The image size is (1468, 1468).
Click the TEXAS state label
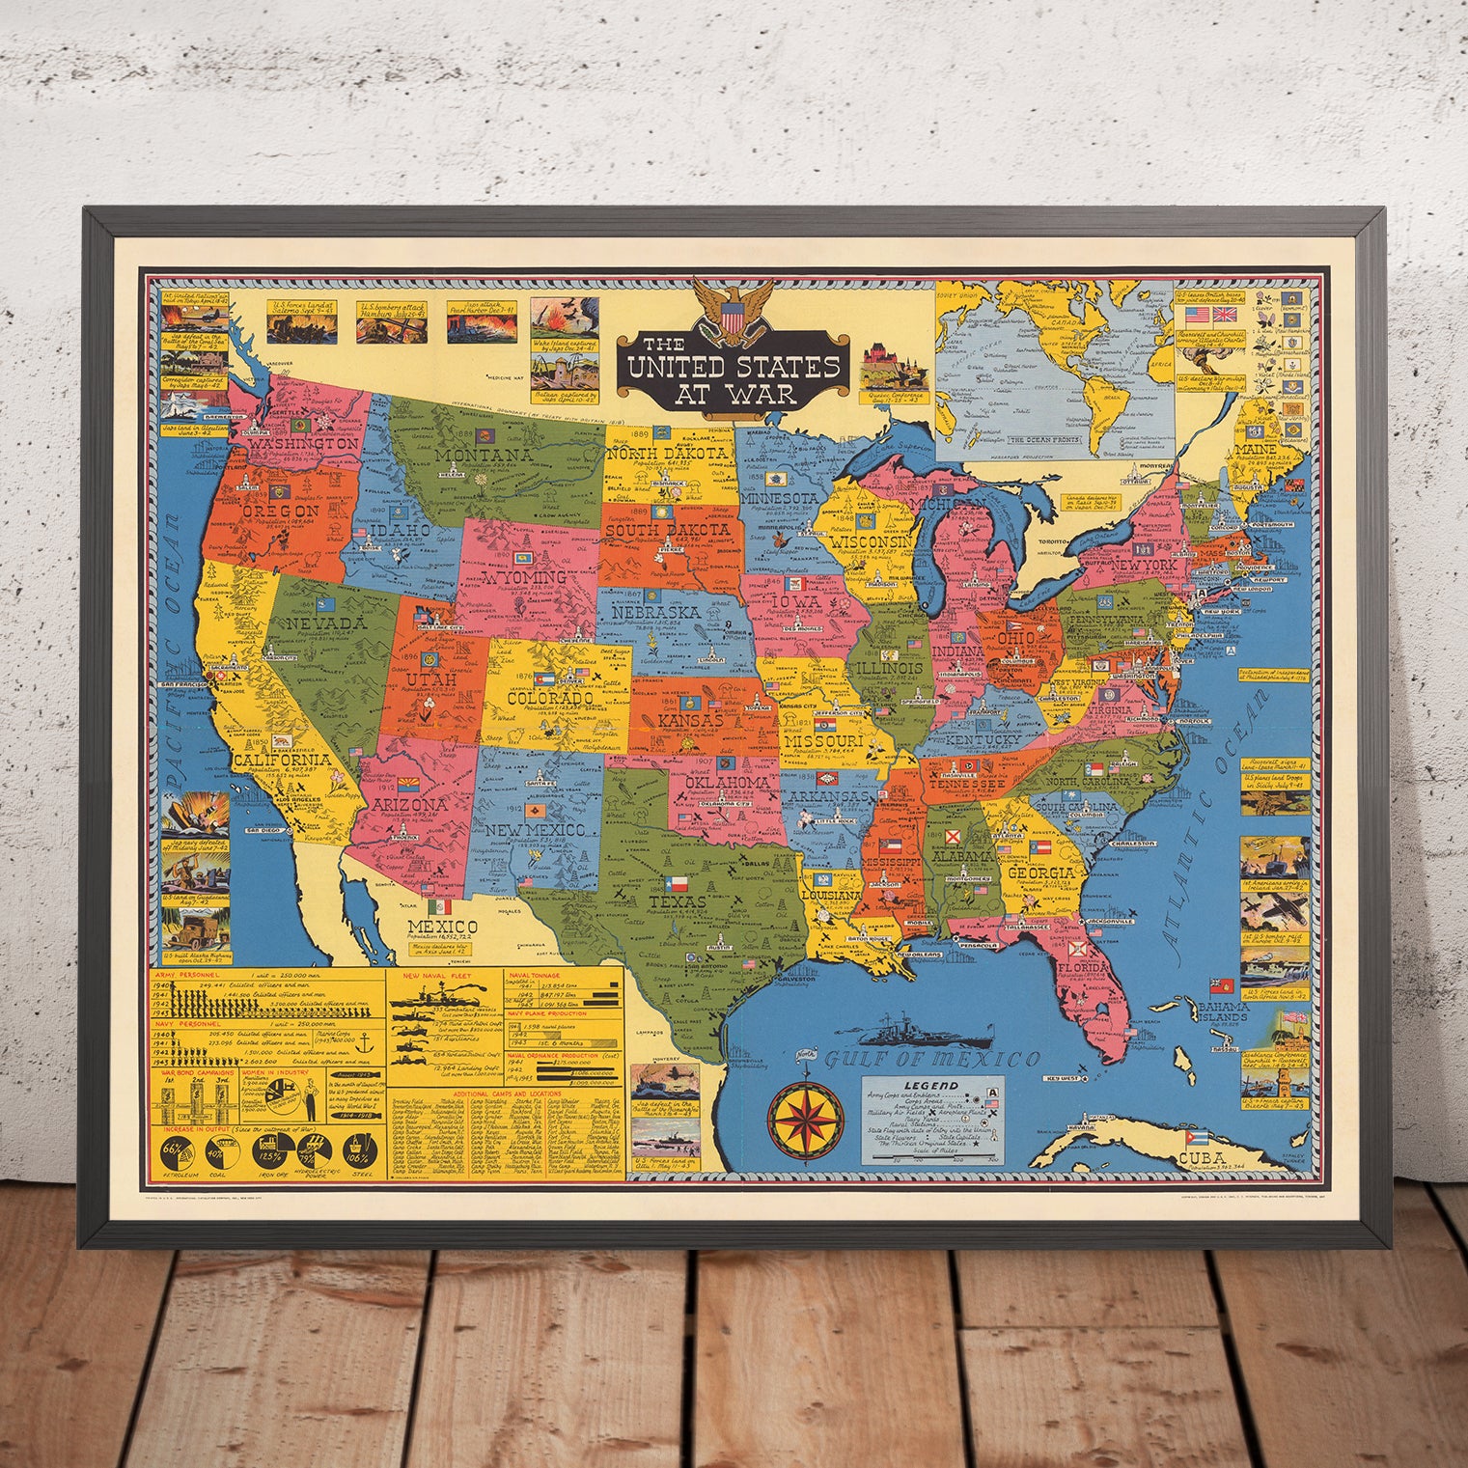click(678, 902)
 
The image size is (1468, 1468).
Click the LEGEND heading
click(931, 1086)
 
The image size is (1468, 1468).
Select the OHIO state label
click(1022, 640)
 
